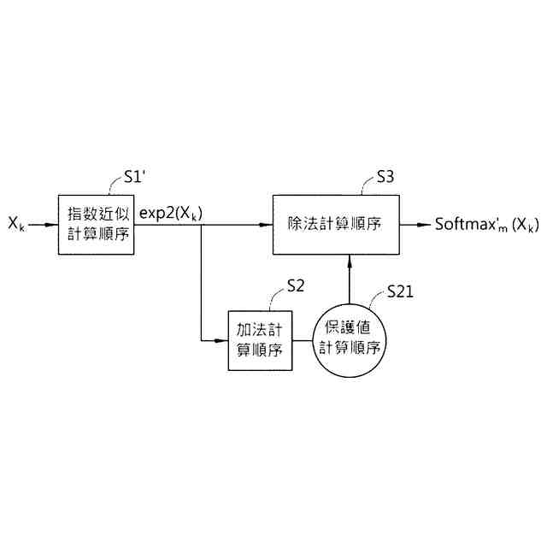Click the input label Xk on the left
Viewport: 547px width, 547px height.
[x=16, y=225]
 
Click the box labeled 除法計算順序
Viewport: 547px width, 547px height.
[x=334, y=224]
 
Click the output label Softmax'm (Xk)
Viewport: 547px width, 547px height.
[x=486, y=225]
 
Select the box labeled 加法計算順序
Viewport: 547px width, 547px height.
[x=256, y=339]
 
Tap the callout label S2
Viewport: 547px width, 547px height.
[x=296, y=286]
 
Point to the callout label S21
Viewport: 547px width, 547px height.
[x=399, y=291]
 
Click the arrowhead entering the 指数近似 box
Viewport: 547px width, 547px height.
[x=52, y=225]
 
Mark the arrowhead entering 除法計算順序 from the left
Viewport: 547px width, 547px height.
[x=266, y=225]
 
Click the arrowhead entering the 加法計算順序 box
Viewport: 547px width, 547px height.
[x=221, y=339]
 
